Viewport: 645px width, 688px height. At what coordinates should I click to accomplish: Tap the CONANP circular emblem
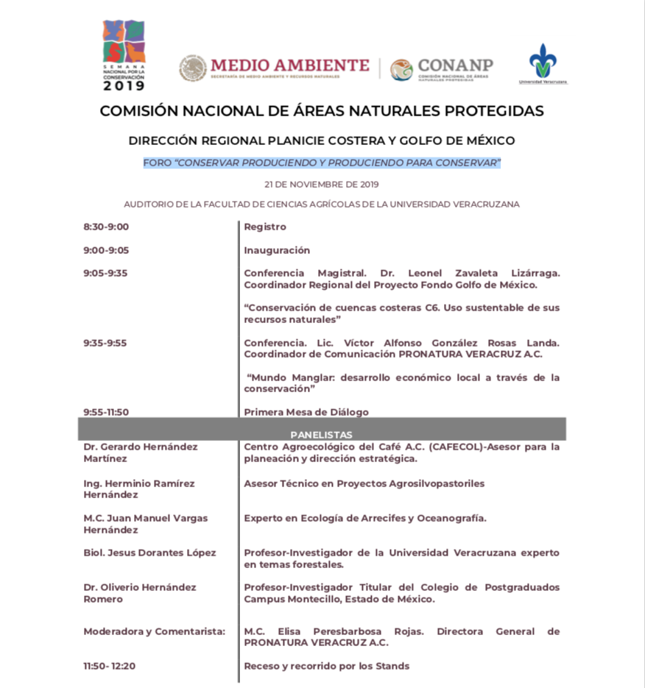pos(401,70)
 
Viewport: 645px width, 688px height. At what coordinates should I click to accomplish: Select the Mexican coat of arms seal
pos(193,68)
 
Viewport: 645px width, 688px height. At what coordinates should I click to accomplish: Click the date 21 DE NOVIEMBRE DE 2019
pos(322,184)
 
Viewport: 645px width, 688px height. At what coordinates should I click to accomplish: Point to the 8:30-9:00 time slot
pos(106,227)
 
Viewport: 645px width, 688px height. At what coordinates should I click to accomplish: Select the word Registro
pos(265,227)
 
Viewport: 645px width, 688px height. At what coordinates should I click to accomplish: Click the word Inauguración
pos(277,250)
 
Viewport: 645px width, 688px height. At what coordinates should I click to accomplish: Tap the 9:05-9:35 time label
pos(105,273)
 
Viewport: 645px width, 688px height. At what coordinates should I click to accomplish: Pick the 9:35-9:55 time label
pos(105,343)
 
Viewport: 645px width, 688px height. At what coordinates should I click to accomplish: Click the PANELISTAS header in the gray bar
pos(321,435)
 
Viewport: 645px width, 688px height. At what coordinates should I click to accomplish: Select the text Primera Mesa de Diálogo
pos(306,412)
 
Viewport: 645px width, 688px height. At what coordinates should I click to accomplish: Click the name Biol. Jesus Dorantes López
pos(149,553)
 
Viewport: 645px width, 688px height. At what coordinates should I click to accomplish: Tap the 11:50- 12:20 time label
pos(110,666)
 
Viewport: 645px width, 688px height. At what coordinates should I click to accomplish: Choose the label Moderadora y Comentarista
pos(154,631)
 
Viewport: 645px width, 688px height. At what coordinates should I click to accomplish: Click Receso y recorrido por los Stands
pos(326,666)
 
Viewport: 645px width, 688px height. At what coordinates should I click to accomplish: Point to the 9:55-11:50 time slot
pos(106,412)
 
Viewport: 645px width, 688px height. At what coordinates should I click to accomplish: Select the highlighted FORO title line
pos(322,163)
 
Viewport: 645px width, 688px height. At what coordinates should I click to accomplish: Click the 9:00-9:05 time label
pos(106,250)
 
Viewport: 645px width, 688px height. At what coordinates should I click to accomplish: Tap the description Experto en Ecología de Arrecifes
pos(364,518)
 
